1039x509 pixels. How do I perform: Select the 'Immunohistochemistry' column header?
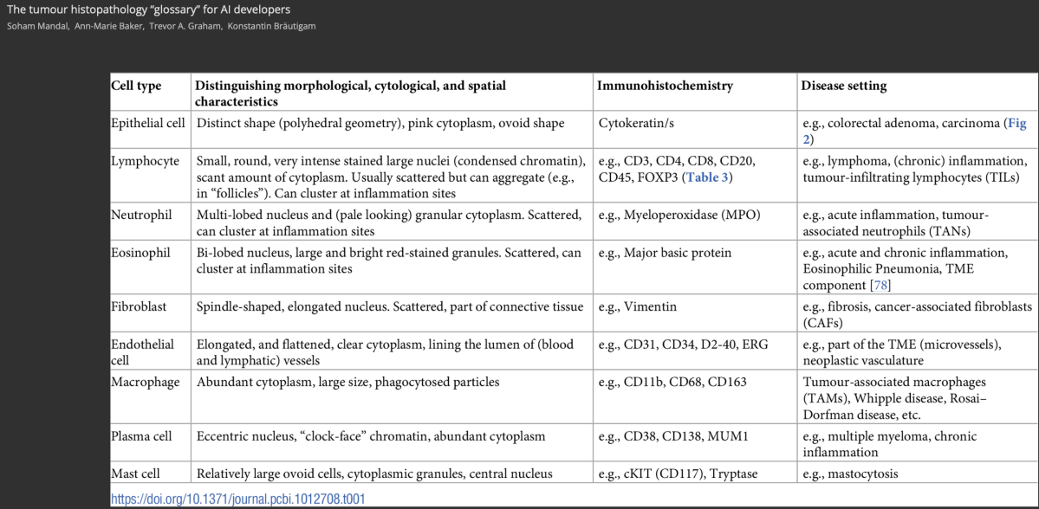665,87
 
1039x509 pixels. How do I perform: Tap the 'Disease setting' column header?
843,87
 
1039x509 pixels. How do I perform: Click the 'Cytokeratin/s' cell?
638,123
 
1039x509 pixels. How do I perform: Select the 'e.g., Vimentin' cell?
638,306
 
